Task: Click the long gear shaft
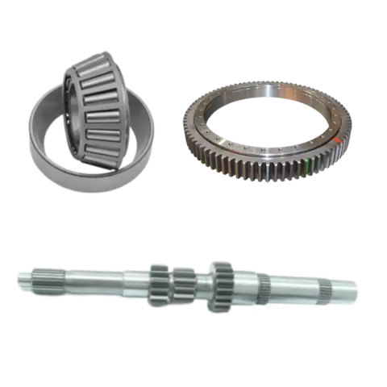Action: (185, 286)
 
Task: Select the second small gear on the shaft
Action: (185, 286)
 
